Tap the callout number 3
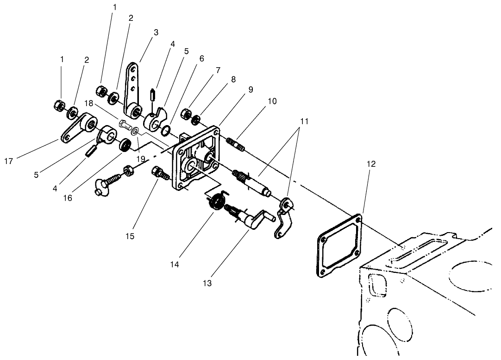pyautogui.click(x=156, y=32)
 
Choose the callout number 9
pyautogui.click(x=250, y=90)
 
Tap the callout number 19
pyautogui.click(x=141, y=158)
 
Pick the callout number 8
pyautogui.click(x=233, y=79)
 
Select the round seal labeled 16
pyautogui.click(x=125, y=145)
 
